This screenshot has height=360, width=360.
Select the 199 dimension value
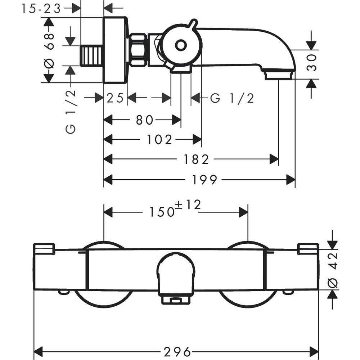click(x=204, y=180)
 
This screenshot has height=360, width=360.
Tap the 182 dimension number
click(x=195, y=159)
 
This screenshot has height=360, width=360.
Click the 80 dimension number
click(x=144, y=120)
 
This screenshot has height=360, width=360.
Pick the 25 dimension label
click(x=115, y=98)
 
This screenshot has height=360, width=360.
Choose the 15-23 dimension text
click(x=41, y=8)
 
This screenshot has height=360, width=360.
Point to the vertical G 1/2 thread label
click(x=71, y=112)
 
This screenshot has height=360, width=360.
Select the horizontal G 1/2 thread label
click(x=232, y=98)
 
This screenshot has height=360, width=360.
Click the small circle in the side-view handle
click(x=181, y=45)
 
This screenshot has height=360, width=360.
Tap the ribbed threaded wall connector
click(x=92, y=56)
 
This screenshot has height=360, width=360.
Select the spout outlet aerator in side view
click(x=278, y=75)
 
